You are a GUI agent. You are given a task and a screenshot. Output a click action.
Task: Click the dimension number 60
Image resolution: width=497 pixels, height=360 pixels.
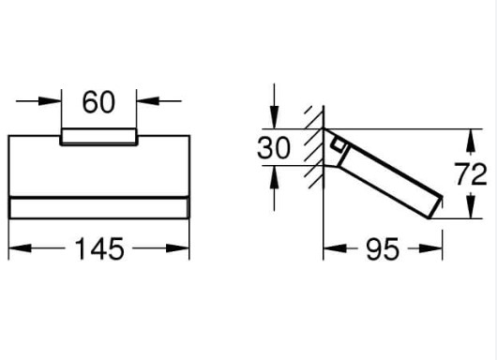click(98, 102)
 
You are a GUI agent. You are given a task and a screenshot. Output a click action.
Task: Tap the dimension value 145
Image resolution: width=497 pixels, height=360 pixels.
click(99, 248)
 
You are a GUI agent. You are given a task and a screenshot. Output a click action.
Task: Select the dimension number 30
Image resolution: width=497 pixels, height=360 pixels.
click(274, 148)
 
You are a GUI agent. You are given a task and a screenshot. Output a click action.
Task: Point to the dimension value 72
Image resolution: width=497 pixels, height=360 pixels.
click(471, 174)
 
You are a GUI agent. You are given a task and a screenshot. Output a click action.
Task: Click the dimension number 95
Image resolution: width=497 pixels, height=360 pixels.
click(383, 249)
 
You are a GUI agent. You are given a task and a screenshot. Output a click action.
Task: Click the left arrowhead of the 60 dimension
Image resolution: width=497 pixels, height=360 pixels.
click(50, 101)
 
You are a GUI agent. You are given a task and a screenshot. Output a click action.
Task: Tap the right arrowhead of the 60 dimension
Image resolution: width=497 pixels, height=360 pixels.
click(148, 101)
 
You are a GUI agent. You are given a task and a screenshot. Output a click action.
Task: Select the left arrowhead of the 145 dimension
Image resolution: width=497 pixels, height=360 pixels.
click(21, 248)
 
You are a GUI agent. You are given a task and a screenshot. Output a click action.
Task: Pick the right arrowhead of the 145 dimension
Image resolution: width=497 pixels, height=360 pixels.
click(177, 248)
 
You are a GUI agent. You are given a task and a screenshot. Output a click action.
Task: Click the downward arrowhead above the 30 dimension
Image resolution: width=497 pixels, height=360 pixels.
click(274, 117)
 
